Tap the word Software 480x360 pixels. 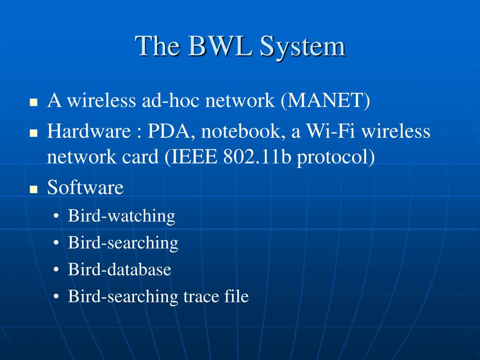[85, 187]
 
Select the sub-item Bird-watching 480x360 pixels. [121, 217]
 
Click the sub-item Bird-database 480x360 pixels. [120, 270]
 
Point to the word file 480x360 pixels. [236, 297]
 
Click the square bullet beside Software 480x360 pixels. [34, 189]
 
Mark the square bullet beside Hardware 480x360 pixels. [34, 133]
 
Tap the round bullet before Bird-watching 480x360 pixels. [56, 217]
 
